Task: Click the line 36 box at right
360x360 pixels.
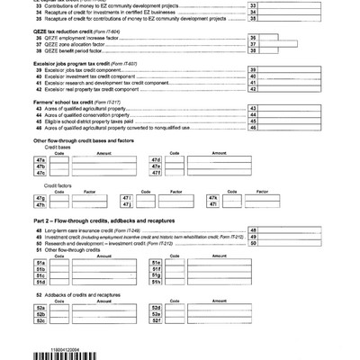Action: [253, 63]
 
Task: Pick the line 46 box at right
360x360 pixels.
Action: [253, 154]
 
